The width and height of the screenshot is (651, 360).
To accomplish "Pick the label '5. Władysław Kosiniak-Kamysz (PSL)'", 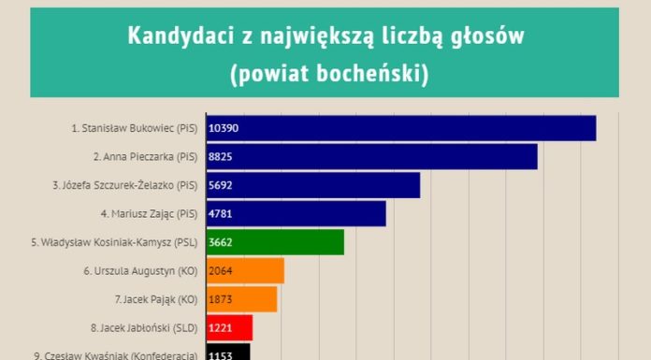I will coord(113,242).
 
